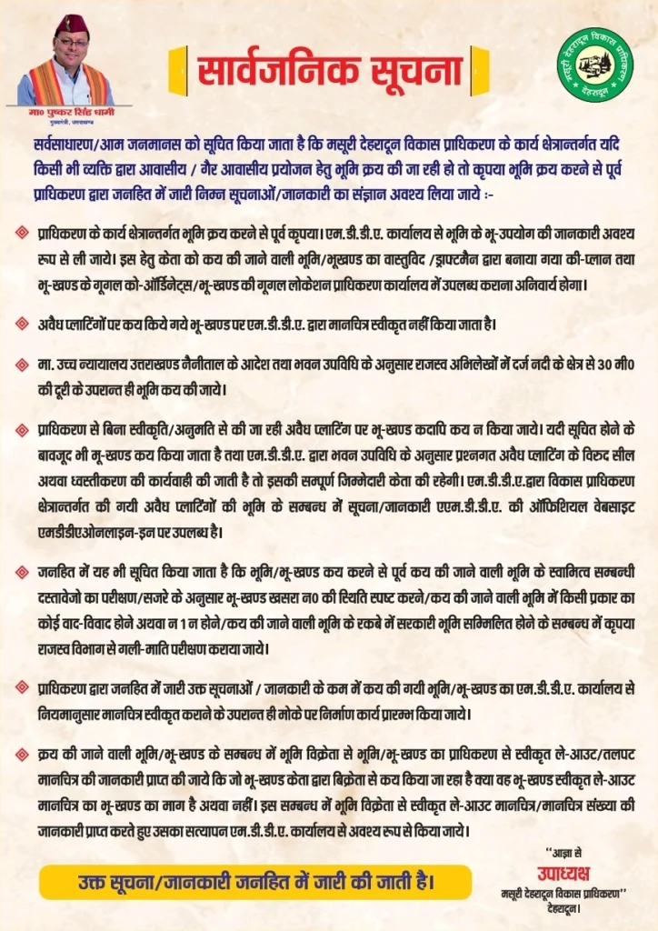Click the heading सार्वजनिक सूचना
click(x=328, y=69)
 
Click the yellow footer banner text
click(x=254, y=882)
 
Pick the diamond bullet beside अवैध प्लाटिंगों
click(x=22, y=322)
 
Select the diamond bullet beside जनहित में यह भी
click(x=22, y=571)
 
